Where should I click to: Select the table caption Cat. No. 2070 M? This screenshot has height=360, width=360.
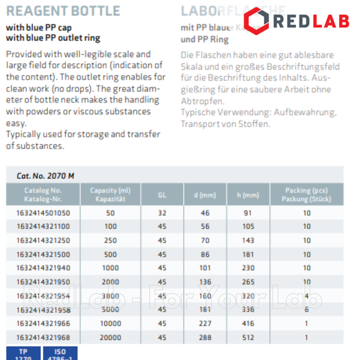click(46, 176)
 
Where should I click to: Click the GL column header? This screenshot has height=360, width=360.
click(162, 194)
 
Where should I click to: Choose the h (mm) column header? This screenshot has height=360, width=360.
click(248, 194)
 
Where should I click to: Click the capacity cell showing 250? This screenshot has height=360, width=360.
click(110, 240)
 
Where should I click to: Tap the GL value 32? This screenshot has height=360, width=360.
click(162, 212)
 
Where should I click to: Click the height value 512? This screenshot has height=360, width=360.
click(248, 337)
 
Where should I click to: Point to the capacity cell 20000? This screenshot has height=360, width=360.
click(110, 337)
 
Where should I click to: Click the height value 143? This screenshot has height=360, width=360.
click(248, 240)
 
